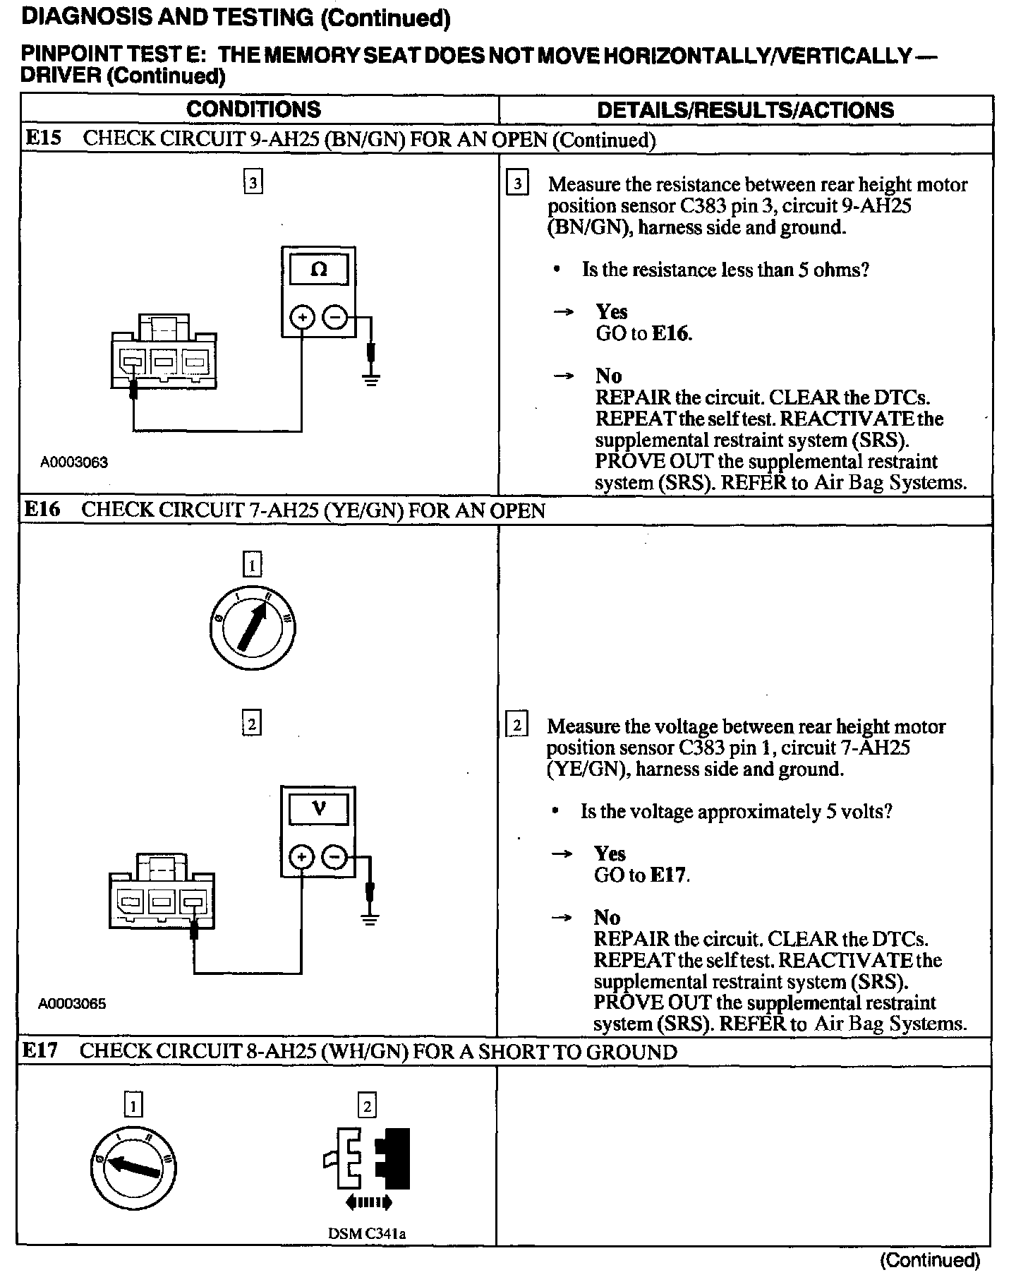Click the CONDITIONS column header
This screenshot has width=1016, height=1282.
(253, 109)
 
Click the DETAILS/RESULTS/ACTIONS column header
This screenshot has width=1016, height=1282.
(745, 110)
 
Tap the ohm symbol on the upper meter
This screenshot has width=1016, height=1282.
(318, 270)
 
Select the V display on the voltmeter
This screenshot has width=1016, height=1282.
(318, 808)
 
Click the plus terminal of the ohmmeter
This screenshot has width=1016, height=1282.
(302, 318)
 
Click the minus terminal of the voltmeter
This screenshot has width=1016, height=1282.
(334, 858)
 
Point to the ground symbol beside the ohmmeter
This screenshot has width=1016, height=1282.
(371, 378)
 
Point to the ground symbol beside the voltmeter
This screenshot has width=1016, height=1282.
(369, 918)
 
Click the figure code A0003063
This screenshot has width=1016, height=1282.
(74, 462)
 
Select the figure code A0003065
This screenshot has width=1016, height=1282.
(73, 1003)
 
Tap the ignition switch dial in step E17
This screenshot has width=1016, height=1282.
(133, 1168)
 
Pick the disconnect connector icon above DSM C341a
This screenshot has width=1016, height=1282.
(367, 1168)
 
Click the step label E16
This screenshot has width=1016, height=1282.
(42, 510)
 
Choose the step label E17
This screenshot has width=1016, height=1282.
(40, 1050)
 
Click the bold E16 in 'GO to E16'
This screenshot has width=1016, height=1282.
(670, 333)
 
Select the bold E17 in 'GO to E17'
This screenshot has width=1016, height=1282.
(668, 875)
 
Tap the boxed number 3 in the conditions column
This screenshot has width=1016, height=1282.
(253, 184)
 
